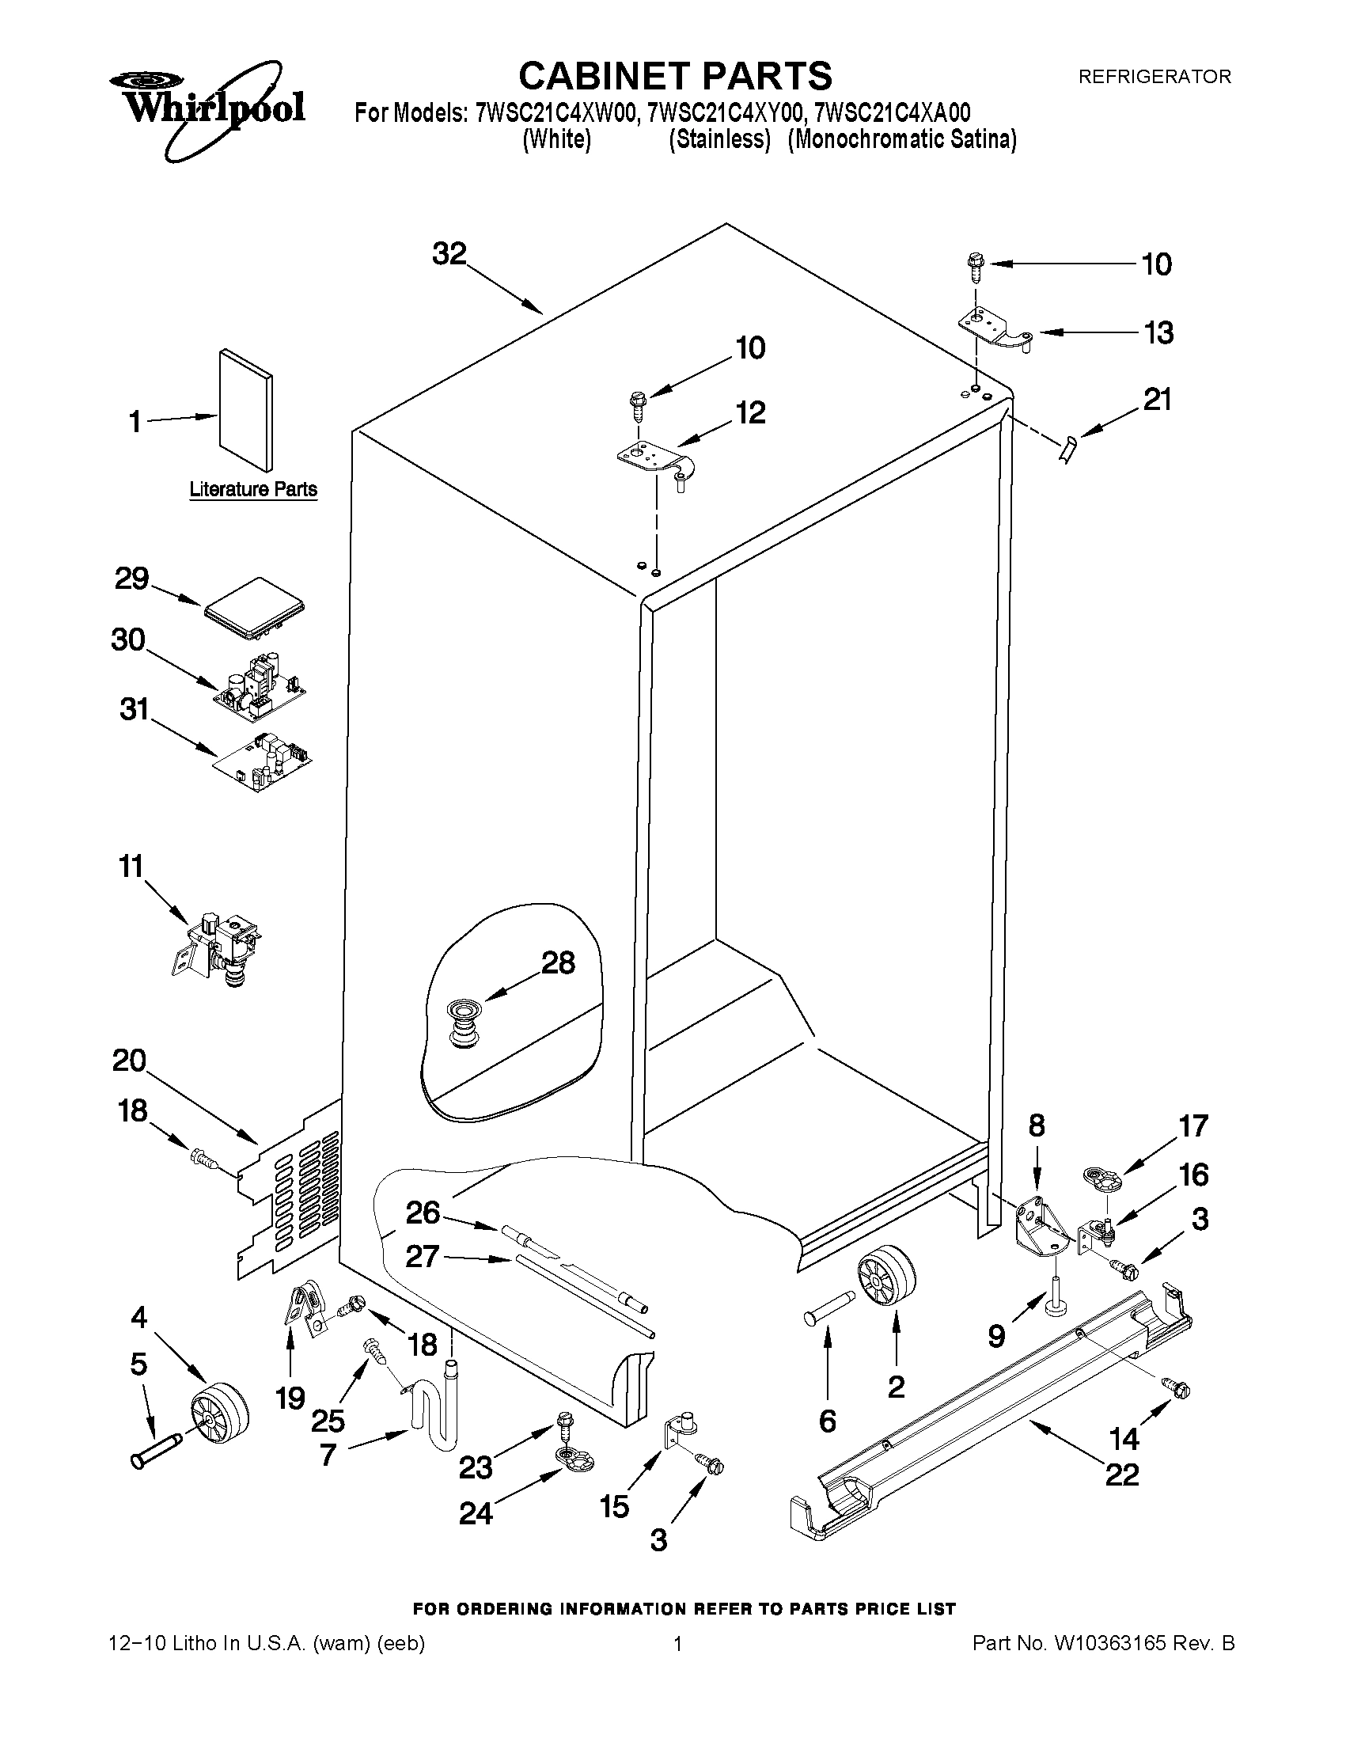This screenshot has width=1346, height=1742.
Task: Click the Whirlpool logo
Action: pos(206,108)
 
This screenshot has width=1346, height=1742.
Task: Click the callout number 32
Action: pos(449,254)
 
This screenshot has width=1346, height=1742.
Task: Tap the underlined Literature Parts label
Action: pos(252,489)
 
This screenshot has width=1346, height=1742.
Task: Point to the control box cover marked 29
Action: pos(255,610)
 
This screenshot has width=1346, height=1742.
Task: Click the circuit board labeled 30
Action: pos(260,685)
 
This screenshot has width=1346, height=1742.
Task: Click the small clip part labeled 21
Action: pos(1067,449)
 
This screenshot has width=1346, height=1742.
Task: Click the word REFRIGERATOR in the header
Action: pos(1154,77)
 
